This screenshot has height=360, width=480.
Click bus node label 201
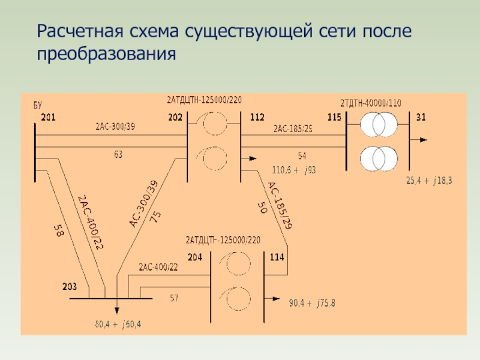(49, 118)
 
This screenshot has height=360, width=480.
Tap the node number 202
(175, 118)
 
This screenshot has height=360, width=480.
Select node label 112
(257, 118)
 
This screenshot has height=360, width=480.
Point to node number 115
(335, 118)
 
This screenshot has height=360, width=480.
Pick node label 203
(70, 286)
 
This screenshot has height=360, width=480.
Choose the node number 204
(195, 257)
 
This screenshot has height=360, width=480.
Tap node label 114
(277, 257)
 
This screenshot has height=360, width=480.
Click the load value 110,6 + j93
(294, 170)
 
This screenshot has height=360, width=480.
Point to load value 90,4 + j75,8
(312, 303)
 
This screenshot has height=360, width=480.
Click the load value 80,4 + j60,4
(118, 325)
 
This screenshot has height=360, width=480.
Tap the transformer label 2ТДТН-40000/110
(370, 103)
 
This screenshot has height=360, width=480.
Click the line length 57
(174, 298)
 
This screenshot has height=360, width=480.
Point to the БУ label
(37, 105)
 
